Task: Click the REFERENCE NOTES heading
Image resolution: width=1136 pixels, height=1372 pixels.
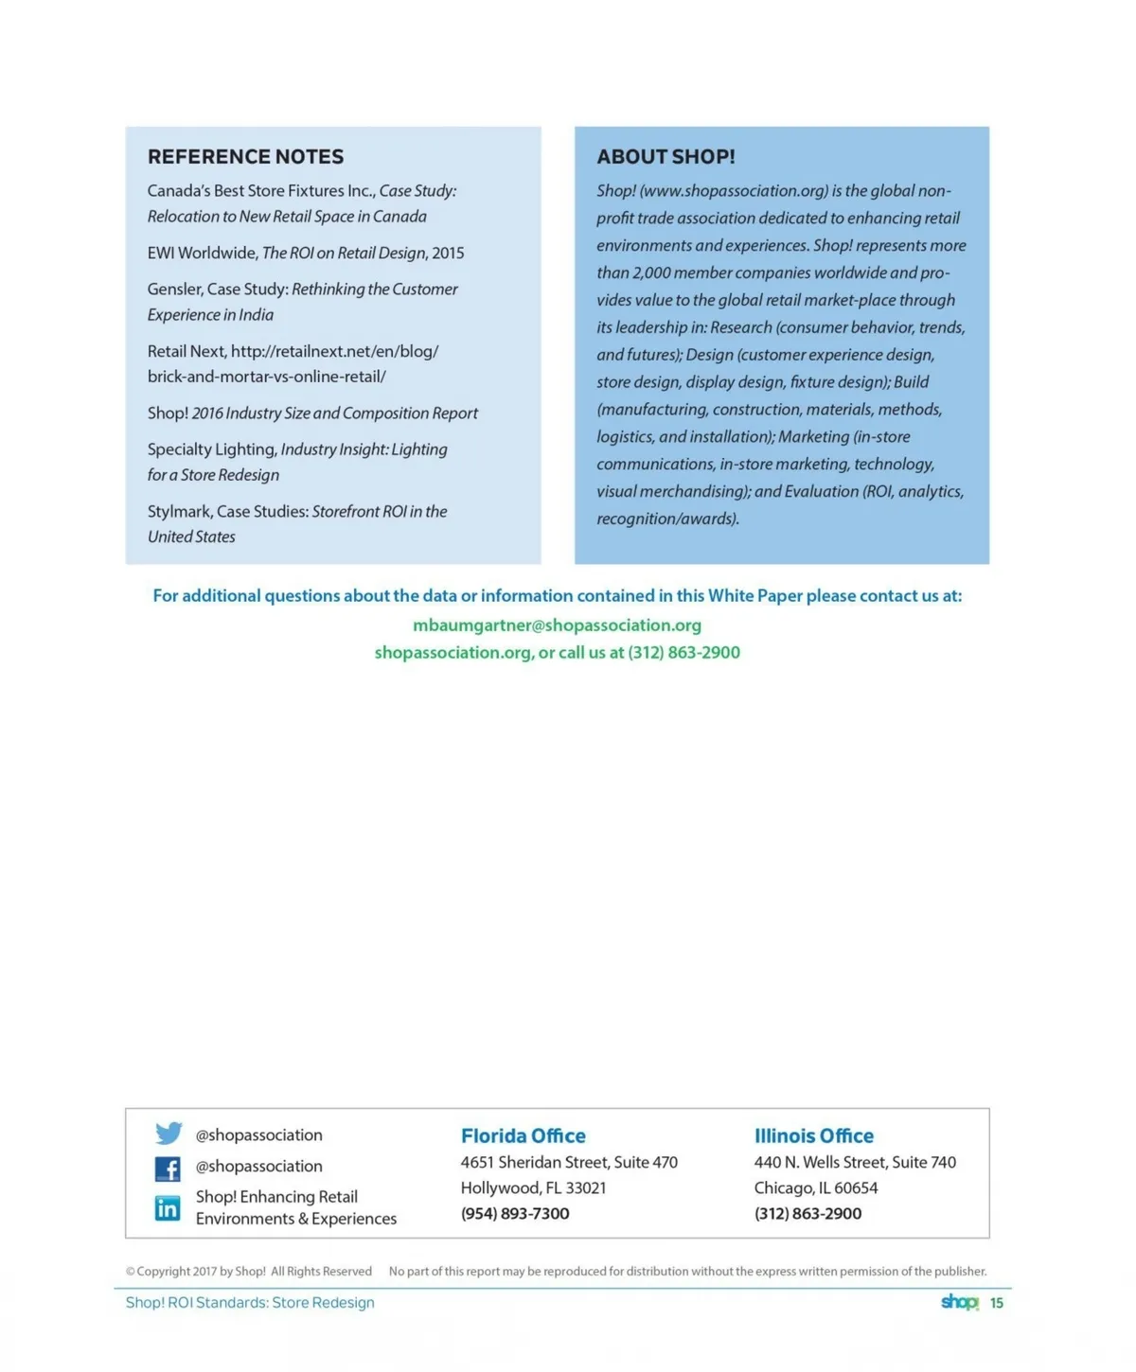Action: (245, 157)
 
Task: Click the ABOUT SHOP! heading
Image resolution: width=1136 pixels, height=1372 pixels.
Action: (666, 157)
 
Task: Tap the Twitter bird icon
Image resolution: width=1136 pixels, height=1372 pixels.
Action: (169, 1133)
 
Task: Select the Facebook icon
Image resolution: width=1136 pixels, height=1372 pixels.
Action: (168, 1169)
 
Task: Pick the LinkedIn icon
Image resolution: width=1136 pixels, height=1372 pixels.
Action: (168, 1208)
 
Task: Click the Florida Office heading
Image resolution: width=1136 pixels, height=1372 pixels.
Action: (523, 1135)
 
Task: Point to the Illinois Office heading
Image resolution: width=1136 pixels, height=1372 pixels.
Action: (813, 1135)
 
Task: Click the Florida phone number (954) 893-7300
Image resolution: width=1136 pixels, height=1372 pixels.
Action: (515, 1213)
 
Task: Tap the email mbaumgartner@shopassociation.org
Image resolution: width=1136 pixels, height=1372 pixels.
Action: (557, 625)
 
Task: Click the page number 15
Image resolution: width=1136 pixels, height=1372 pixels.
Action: (996, 1303)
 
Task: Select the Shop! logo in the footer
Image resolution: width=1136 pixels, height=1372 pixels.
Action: (959, 1302)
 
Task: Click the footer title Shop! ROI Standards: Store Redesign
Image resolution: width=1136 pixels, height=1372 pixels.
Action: (250, 1303)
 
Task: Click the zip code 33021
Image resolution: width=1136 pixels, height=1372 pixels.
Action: (586, 1187)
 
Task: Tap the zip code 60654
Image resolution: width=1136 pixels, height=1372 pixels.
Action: (856, 1187)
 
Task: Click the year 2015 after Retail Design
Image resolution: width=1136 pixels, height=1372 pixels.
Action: (448, 253)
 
